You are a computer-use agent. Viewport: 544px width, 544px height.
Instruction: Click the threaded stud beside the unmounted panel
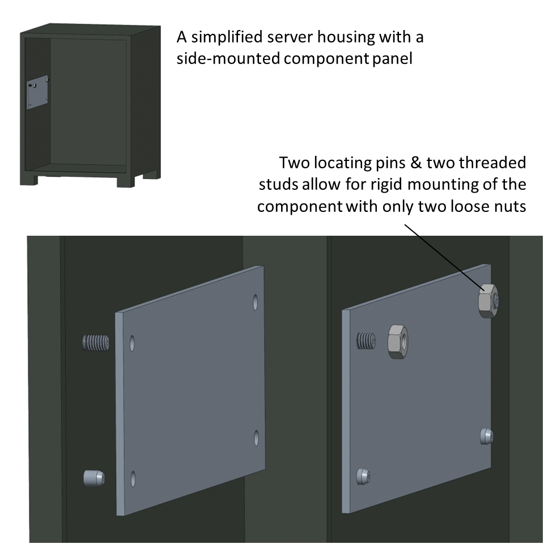coord(95,343)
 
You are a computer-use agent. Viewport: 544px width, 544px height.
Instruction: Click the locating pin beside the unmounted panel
coord(94,478)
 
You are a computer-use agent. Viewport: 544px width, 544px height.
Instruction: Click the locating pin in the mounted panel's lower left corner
coord(363,477)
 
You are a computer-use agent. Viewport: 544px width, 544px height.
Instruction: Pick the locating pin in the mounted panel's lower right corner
coord(486,436)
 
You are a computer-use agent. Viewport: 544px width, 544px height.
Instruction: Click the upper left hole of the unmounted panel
coord(132,343)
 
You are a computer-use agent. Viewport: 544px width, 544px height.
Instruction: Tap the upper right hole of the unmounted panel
coord(256,301)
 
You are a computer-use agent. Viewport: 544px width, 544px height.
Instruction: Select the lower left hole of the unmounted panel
coord(133,478)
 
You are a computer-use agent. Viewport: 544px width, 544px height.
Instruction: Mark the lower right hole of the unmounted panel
coord(256,437)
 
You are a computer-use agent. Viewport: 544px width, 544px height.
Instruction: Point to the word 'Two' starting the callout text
coord(295,163)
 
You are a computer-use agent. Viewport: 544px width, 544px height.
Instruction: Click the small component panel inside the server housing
coord(37,93)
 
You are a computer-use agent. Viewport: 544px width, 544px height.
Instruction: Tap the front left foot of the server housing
coord(29,179)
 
